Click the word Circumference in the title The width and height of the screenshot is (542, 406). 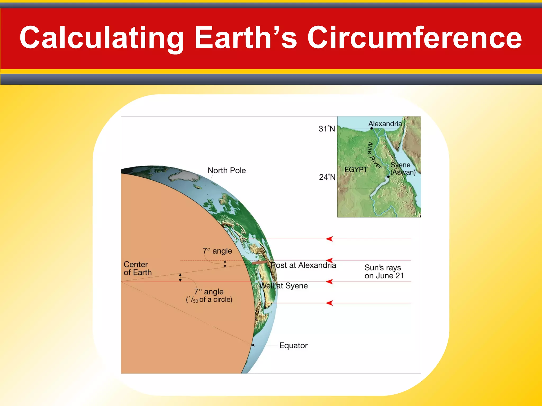[x=414, y=38]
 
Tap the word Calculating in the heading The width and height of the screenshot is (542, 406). [x=102, y=38]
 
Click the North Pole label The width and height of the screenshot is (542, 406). [x=227, y=170]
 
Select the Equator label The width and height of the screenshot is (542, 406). [x=293, y=345]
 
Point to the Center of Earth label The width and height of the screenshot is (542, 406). [x=138, y=268]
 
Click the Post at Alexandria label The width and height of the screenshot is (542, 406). [x=303, y=265]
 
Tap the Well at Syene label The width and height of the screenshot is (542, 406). [x=283, y=286]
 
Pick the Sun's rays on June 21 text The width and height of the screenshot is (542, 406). [x=384, y=272]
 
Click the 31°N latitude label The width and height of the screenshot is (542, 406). [x=327, y=129]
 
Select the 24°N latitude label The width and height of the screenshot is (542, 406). [x=327, y=177]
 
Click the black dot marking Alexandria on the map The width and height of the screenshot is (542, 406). [x=372, y=128]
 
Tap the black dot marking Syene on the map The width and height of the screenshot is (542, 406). [x=388, y=177]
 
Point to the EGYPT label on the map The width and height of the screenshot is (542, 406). [x=356, y=169]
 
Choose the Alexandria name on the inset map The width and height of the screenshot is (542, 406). [x=385, y=124]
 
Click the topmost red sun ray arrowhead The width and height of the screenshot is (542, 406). [x=329, y=239]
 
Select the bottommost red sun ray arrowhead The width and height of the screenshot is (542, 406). [x=329, y=303]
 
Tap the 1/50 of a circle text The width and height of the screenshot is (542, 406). [x=209, y=299]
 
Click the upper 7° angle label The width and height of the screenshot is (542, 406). [x=217, y=251]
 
